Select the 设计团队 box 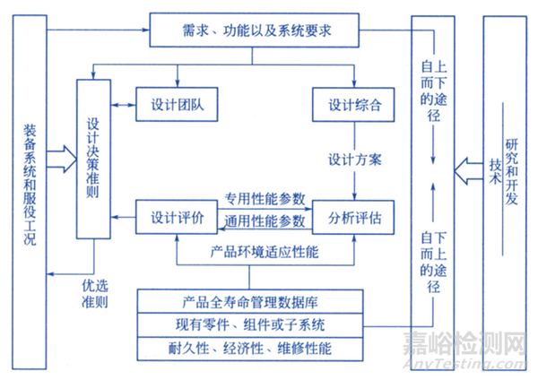178,105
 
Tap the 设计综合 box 351,105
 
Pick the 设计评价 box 178,218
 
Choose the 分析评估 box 351,218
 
